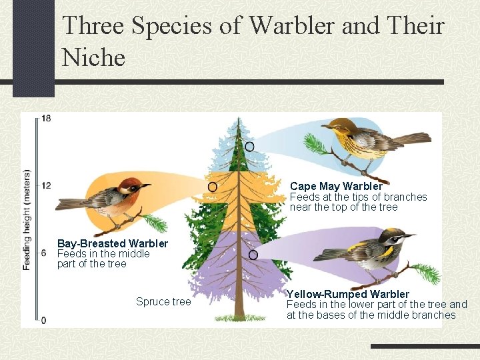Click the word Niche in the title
(x=94, y=58)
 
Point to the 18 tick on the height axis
(x=45, y=119)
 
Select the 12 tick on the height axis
(x=45, y=185)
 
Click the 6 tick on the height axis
(x=43, y=253)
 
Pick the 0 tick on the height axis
(x=43, y=320)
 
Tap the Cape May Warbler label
(x=336, y=187)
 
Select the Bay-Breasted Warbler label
(x=113, y=244)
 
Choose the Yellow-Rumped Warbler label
(x=347, y=294)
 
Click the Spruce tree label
(x=163, y=302)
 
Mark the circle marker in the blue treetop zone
(x=249, y=146)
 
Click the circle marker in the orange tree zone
(x=213, y=187)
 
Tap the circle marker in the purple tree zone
(x=253, y=255)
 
